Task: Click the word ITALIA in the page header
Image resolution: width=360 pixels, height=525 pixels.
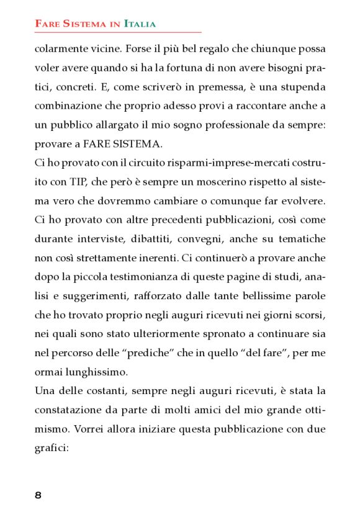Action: click(x=140, y=24)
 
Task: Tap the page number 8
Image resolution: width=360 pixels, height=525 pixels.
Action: click(x=38, y=495)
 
